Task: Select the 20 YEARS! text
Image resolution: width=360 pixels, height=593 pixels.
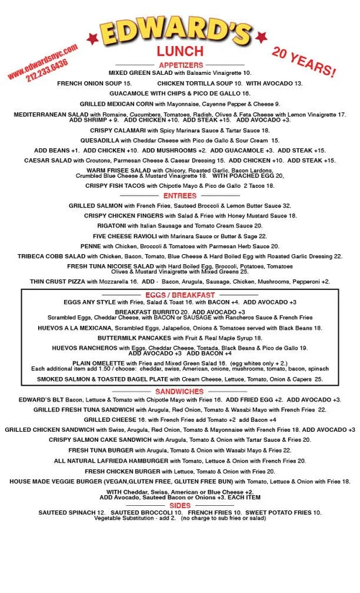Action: coord(303,63)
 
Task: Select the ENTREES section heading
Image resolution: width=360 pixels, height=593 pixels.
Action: coord(179,195)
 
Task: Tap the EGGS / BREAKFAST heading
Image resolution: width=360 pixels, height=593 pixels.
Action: coord(179,295)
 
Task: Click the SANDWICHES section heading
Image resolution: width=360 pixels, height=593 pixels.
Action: coord(179,391)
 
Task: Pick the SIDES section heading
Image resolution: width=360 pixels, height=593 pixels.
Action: coord(179,505)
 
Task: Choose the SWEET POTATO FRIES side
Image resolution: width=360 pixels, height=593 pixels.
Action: coord(276,512)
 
